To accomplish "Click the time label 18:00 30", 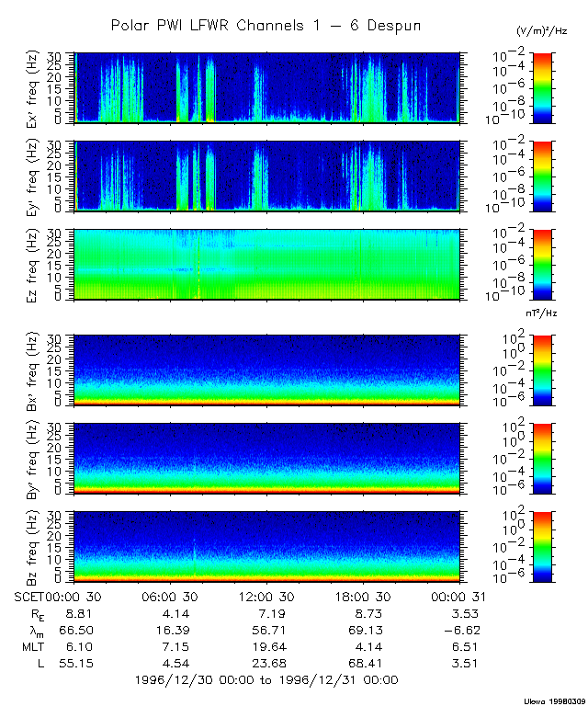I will point(367,596).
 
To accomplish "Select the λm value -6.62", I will point(460,629).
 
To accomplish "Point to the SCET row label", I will point(31,596).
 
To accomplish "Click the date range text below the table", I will point(266,680).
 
